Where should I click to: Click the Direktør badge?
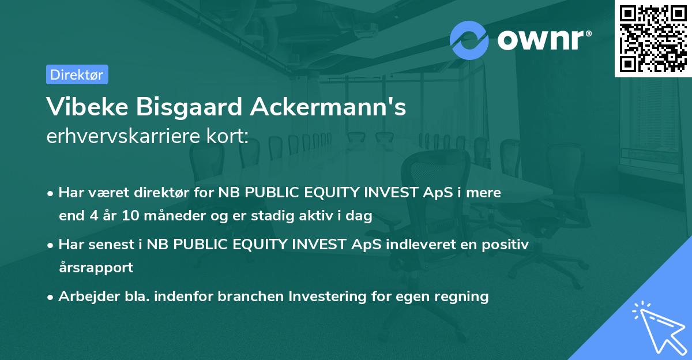tap(77, 74)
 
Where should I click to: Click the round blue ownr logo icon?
tap(469, 40)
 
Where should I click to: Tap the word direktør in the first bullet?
tap(151, 193)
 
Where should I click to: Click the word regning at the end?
tap(463, 297)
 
